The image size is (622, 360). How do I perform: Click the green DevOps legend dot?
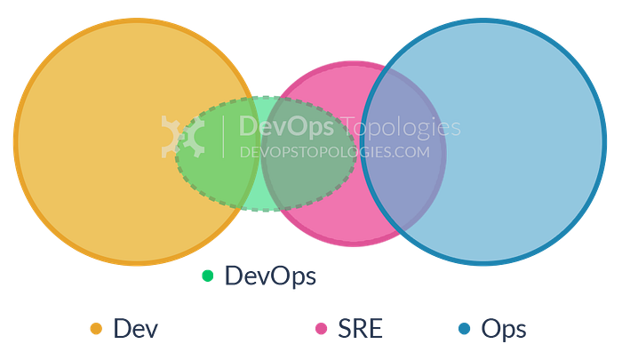207,276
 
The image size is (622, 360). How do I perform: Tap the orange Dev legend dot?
96,329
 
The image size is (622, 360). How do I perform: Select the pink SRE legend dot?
321,329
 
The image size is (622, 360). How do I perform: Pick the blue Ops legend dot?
464,329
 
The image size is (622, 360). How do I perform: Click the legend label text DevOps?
270,276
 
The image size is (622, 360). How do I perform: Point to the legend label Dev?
136,329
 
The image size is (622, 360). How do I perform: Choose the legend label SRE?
360,329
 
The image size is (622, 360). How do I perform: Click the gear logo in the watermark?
183,137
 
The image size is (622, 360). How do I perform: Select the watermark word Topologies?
401,127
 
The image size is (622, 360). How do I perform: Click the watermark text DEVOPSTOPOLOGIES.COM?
335,152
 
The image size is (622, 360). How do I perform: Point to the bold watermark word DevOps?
286,126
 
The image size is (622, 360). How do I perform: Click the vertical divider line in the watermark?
223,137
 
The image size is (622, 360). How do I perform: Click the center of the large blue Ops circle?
483,141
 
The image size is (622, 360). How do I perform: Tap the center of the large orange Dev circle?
137,141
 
